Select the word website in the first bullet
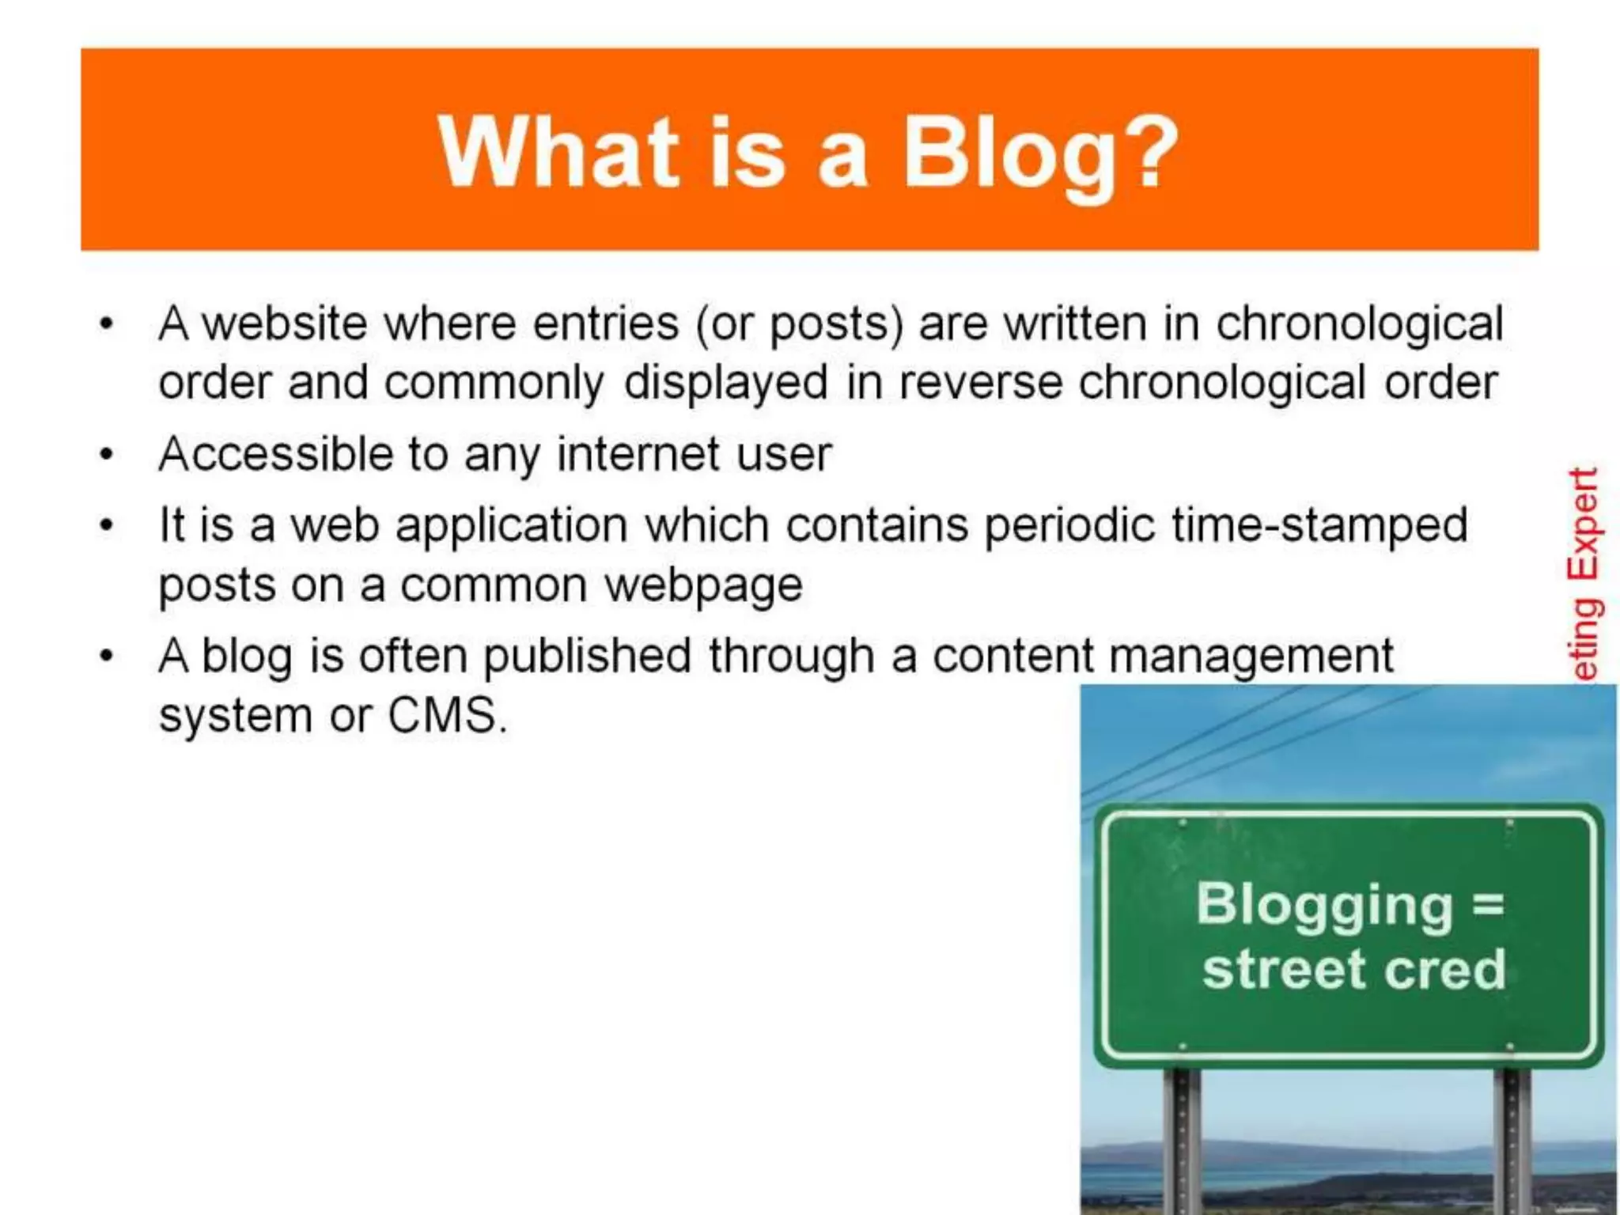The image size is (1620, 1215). click(x=285, y=324)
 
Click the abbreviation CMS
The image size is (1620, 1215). click(x=446, y=715)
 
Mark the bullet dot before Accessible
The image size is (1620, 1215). click(x=107, y=455)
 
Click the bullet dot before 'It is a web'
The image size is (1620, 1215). click(x=107, y=525)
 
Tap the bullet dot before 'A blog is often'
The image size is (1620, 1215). click(x=107, y=656)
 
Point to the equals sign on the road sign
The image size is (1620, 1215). click(x=1488, y=904)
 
